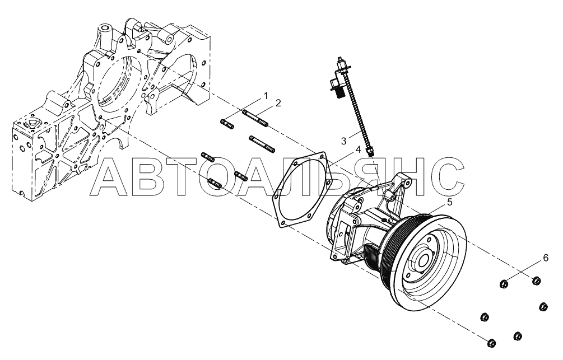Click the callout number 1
(x=266, y=96)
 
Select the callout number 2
(x=278, y=103)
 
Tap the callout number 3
(x=343, y=141)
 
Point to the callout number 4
(x=358, y=149)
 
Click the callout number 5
(x=449, y=203)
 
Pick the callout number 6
(x=546, y=258)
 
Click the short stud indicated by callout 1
(x=227, y=124)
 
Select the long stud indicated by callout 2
(x=255, y=119)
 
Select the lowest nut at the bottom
(x=491, y=343)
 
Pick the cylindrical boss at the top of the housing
(x=105, y=30)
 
